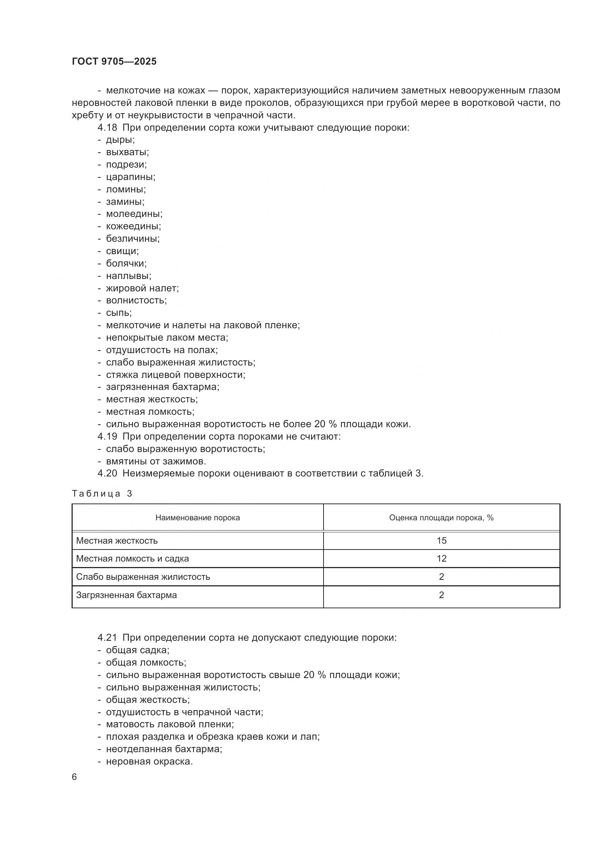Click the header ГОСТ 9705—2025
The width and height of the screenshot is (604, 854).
pos(114,61)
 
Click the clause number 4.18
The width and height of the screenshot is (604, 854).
pos(107,127)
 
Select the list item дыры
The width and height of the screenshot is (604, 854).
pos(120,140)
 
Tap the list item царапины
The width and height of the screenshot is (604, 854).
pos(130,177)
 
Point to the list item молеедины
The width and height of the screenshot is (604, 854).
pos(134,214)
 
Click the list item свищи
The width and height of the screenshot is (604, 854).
pos(122,251)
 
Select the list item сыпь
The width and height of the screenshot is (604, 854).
pos(119,313)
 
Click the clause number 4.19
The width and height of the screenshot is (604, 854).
pos(107,436)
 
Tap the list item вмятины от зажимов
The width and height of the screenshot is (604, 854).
pos(156,461)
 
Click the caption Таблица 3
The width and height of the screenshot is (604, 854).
pos(102,494)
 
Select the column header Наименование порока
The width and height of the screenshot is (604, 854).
pos(198,518)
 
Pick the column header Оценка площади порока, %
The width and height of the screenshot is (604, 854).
pos(441,518)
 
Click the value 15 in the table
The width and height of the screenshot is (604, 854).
pos(441,540)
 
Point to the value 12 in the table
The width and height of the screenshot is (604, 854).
pos(441,558)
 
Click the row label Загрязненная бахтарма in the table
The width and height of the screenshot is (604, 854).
pos(126,595)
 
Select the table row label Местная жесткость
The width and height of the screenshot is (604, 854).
pos(117,540)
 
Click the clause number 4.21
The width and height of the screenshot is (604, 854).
pos(107,637)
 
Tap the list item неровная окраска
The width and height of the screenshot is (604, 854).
pos(149,761)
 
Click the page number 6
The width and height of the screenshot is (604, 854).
pos(74,777)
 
